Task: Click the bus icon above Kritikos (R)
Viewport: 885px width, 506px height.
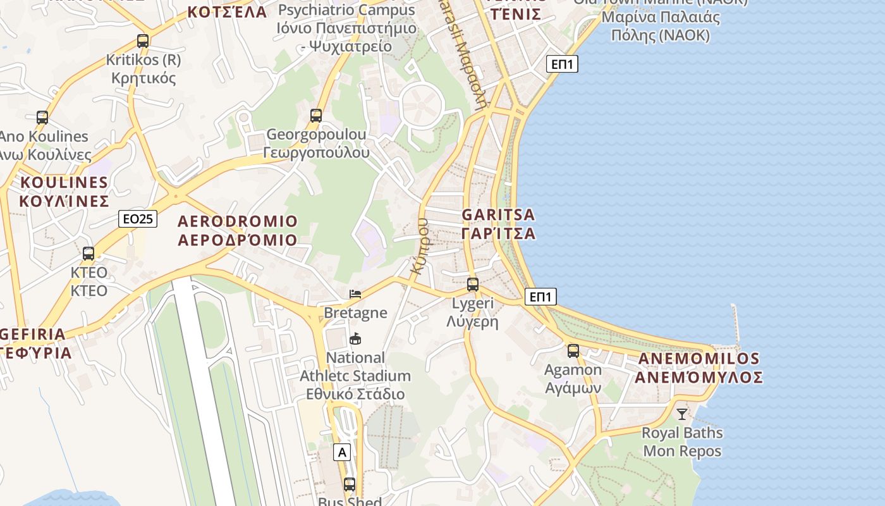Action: pyautogui.click(x=143, y=41)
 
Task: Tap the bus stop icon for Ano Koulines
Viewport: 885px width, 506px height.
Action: pyautogui.click(x=42, y=117)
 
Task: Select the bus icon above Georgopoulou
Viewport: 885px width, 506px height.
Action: pyautogui.click(x=316, y=115)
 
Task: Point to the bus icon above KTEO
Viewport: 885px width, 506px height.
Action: pyautogui.click(x=88, y=254)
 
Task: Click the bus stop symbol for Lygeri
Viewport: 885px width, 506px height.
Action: pyautogui.click(x=473, y=285)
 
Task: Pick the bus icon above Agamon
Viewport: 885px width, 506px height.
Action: pyautogui.click(x=573, y=350)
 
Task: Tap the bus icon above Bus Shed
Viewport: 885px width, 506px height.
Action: pyautogui.click(x=350, y=484)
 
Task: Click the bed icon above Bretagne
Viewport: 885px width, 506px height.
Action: pyautogui.click(x=355, y=294)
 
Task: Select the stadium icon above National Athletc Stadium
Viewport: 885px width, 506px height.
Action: pyautogui.click(x=355, y=339)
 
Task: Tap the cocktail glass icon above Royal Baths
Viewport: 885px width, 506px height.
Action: pyautogui.click(x=682, y=414)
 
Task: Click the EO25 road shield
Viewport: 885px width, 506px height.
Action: pyautogui.click(x=138, y=219)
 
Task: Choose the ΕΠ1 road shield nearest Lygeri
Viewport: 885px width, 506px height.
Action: pyautogui.click(x=541, y=297)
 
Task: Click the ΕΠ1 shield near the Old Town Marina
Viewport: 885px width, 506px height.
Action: pyautogui.click(x=563, y=64)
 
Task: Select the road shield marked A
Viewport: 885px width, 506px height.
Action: pyautogui.click(x=342, y=452)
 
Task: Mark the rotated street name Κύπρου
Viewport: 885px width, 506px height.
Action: pyautogui.click(x=420, y=246)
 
